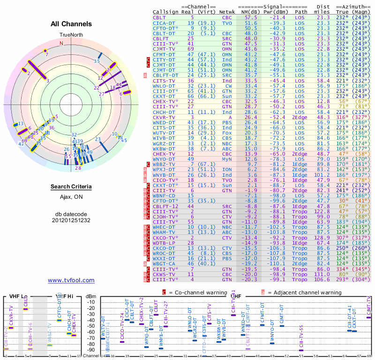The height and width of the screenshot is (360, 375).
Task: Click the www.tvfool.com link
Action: click(x=71, y=280)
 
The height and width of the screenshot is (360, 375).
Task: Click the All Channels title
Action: click(x=71, y=24)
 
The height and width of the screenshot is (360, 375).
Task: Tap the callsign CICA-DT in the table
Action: click(x=164, y=22)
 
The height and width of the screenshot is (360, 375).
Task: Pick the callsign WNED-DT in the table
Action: click(x=164, y=122)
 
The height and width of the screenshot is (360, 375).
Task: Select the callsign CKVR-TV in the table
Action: click(x=164, y=117)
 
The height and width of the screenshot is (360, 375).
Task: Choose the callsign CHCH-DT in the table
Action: click(x=164, y=112)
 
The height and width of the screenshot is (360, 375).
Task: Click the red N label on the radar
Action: click(x=61, y=43)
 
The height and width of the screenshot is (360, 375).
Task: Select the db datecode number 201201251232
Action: click(x=71, y=220)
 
